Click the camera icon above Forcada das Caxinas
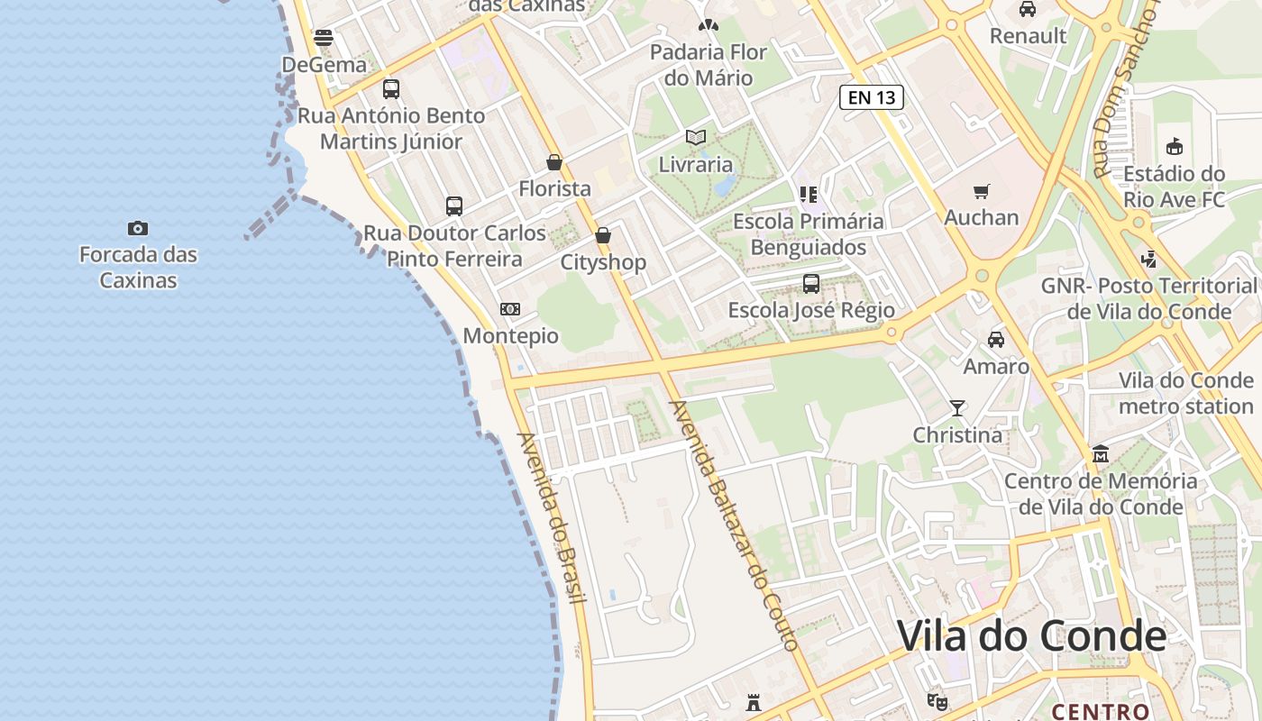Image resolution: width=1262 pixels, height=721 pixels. click(138, 229)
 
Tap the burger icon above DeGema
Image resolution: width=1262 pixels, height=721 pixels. click(324, 38)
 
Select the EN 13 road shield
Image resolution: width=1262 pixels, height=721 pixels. click(872, 97)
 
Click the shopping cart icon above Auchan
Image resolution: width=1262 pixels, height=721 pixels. click(981, 191)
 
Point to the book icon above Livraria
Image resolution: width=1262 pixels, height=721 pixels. click(695, 138)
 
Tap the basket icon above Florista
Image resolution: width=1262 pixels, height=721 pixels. click(554, 162)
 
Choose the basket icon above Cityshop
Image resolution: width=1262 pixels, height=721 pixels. click(603, 235)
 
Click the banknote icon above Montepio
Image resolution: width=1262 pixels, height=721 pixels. click(510, 309)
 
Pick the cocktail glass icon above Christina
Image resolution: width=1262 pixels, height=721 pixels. click(957, 408)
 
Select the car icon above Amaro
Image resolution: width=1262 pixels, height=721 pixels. click(995, 340)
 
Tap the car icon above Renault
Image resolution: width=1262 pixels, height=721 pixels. click(1027, 9)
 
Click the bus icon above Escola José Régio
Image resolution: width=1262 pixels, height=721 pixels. click(811, 284)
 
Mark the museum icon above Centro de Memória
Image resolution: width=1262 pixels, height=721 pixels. click(1100, 453)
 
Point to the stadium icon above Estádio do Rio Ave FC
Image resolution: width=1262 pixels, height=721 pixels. click(1174, 146)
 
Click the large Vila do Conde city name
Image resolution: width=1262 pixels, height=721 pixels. click(1031, 636)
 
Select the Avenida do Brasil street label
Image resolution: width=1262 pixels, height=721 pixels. click(551, 518)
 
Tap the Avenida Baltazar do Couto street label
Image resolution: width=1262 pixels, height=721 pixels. click(732, 525)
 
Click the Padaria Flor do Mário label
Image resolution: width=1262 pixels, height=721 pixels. click(709, 65)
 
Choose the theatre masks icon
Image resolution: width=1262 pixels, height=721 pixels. click(937, 700)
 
